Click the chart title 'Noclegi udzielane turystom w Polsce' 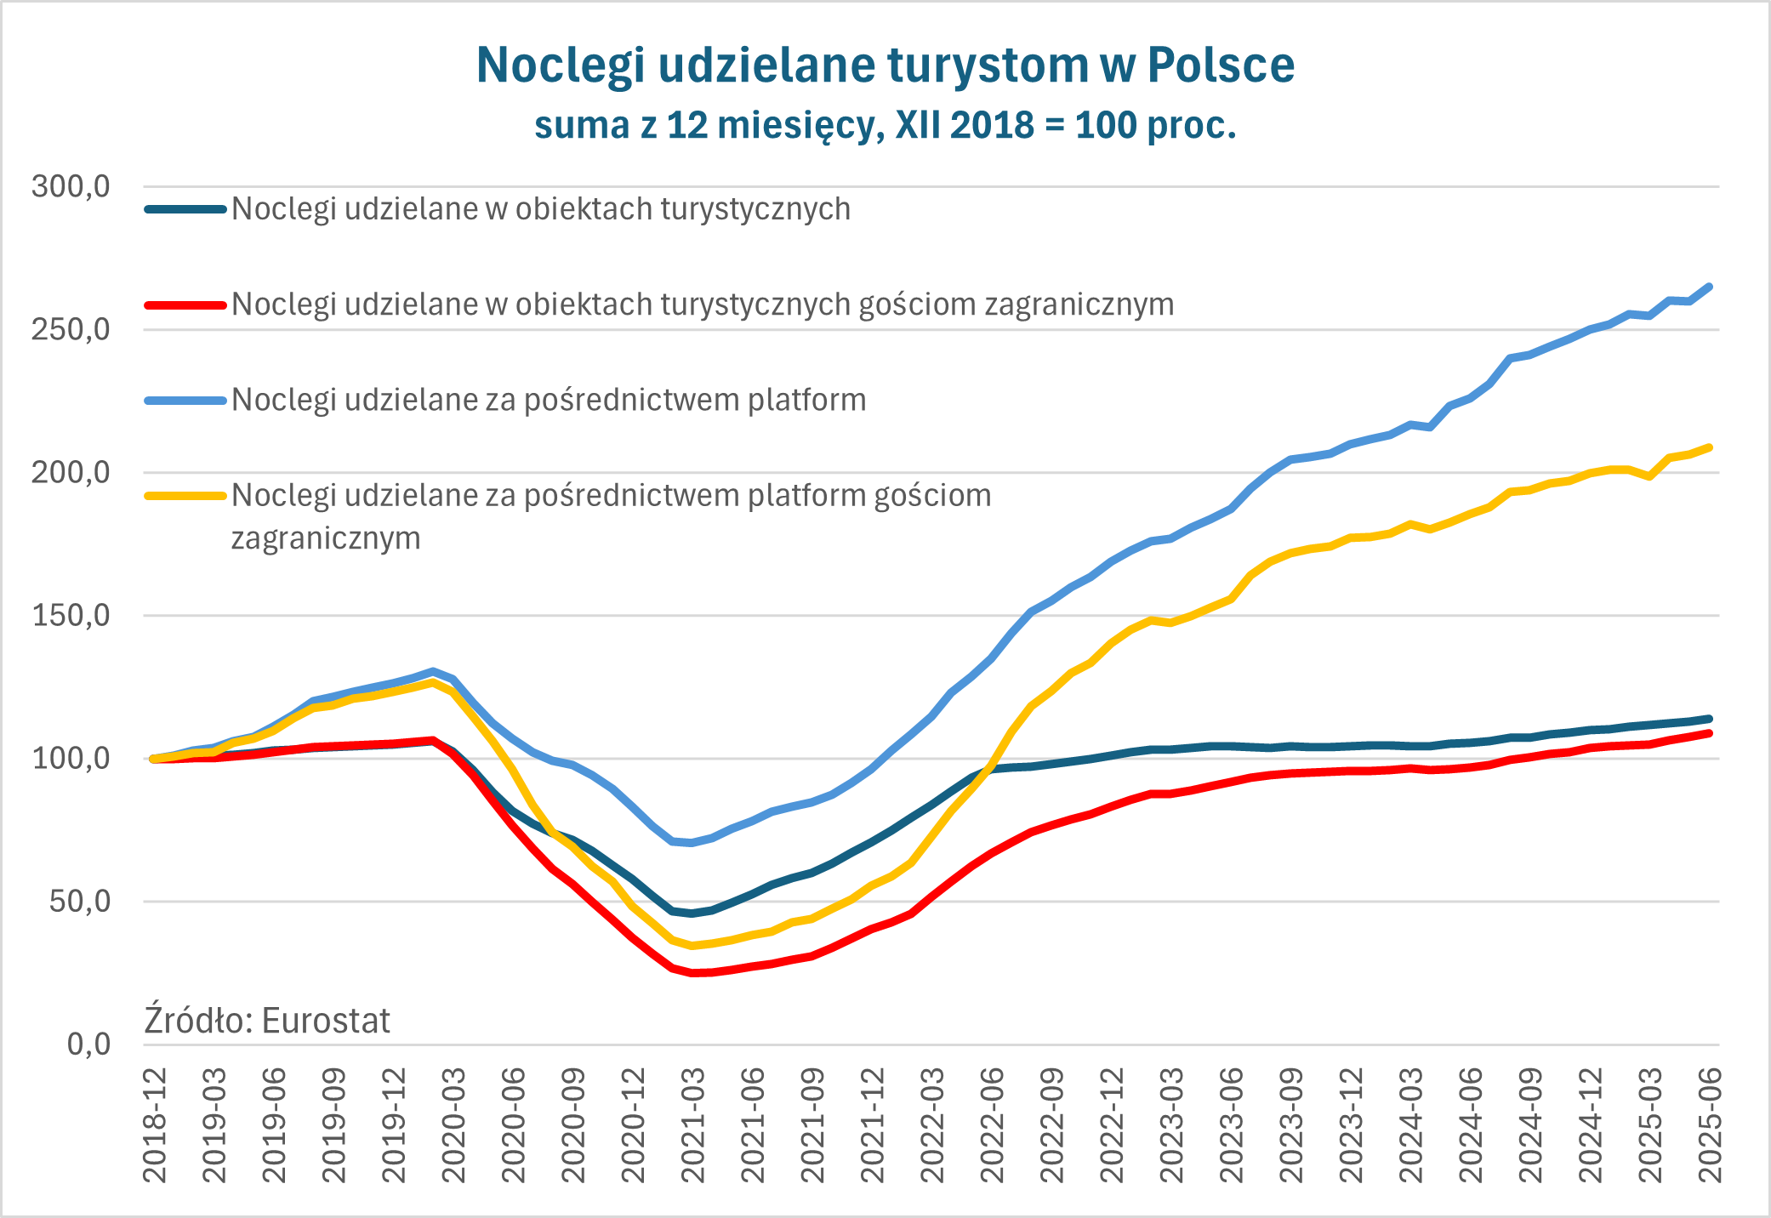click(885, 65)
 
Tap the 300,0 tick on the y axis click(71, 186)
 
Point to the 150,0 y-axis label click(71, 615)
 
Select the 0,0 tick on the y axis click(88, 1044)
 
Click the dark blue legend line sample click(185, 209)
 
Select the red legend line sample click(185, 304)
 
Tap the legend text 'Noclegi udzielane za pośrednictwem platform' click(549, 400)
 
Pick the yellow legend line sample click(185, 495)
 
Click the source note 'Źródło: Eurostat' click(267, 1020)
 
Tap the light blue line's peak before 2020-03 click(433, 671)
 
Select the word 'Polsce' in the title click(1221, 65)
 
